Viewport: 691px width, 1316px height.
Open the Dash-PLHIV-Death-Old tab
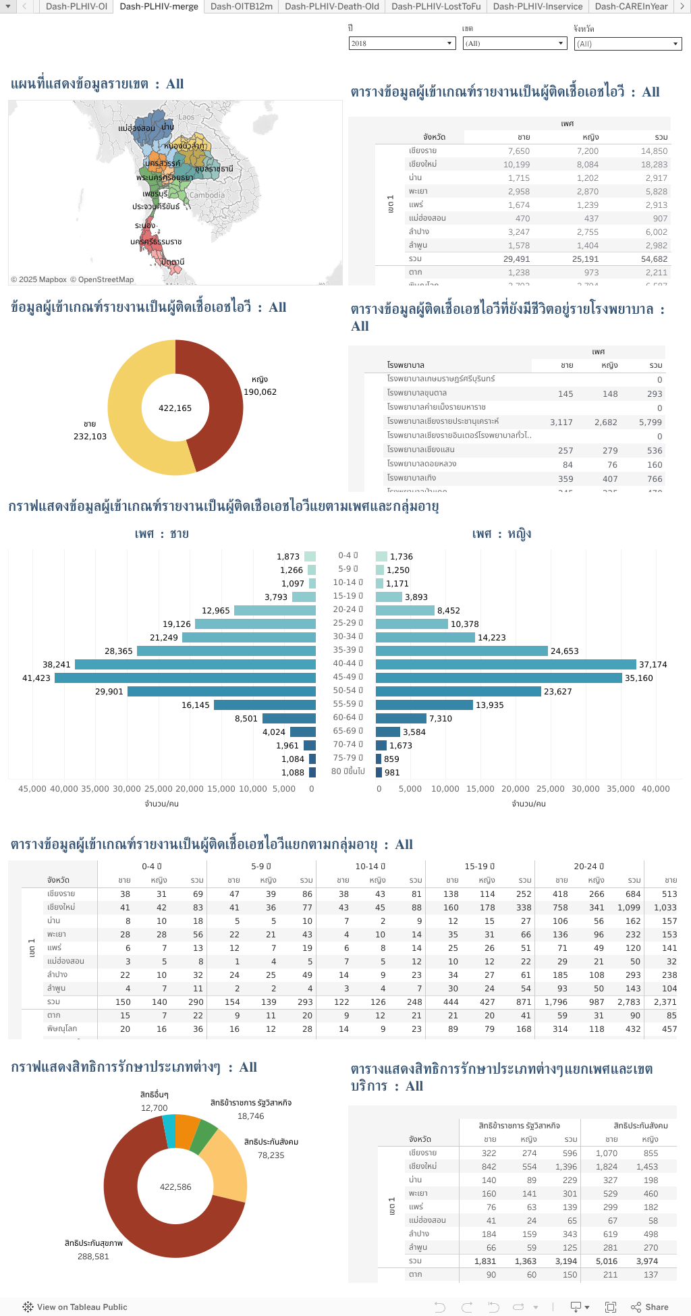coord(331,6)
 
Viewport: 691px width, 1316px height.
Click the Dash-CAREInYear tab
coord(631,6)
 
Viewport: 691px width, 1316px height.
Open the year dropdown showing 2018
coord(402,43)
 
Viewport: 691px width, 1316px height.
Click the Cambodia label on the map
coord(206,195)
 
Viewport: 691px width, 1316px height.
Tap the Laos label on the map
coord(186,117)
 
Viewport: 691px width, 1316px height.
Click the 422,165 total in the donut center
coord(175,408)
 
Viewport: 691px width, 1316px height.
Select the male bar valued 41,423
coord(185,678)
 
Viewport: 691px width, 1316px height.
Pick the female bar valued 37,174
coord(505,664)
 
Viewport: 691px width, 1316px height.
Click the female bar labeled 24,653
coord(462,651)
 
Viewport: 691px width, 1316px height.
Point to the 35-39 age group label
coord(348,650)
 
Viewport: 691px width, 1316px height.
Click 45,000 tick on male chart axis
coord(32,788)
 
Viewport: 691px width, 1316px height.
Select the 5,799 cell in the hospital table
coord(650,422)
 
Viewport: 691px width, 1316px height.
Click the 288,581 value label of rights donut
coord(93,1256)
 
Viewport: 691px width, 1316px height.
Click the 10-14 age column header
coord(370,866)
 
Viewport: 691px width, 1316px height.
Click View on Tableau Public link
coord(82,1307)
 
